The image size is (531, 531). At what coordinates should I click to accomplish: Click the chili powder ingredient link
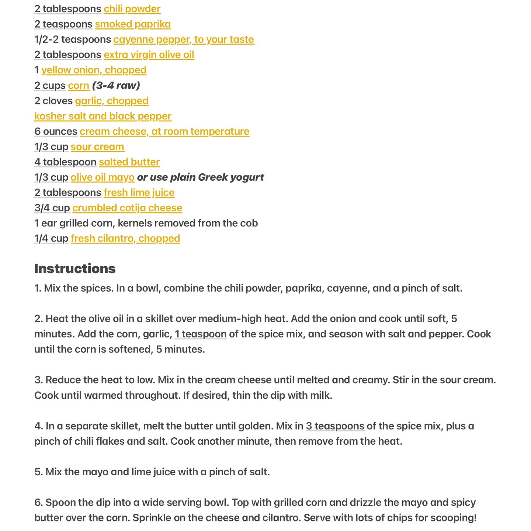(x=132, y=9)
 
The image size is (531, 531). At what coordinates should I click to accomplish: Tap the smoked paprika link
(x=133, y=24)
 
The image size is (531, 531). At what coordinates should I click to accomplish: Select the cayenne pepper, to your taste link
(x=184, y=39)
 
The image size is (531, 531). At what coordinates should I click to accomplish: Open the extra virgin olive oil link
(x=149, y=55)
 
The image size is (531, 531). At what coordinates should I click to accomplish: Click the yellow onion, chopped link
(x=94, y=70)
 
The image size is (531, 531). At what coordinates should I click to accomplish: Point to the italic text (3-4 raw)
(x=116, y=86)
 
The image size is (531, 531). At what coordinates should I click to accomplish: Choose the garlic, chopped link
(x=112, y=101)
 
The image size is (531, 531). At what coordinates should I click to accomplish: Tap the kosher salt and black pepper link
(x=103, y=116)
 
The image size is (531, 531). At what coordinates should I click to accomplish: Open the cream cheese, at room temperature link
(x=164, y=131)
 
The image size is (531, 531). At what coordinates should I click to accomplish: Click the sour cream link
(x=97, y=147)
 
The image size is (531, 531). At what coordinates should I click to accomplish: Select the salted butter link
(x=129, y=162)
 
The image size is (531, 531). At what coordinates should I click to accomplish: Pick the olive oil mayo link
(x=103, y=177)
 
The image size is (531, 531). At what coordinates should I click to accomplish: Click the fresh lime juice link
(x=139, y=192)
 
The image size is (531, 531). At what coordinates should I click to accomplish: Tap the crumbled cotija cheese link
(x=127, y=208)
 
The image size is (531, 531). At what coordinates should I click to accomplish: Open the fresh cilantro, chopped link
(x=125, y=239)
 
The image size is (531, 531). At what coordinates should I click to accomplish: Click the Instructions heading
(x=75, y=269)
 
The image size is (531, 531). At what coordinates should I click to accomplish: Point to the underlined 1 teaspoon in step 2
(x=201, y=334)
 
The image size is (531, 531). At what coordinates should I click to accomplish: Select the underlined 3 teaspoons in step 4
(x=335, y=426)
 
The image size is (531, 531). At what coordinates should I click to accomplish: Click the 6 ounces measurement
(x=56, y=131)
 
